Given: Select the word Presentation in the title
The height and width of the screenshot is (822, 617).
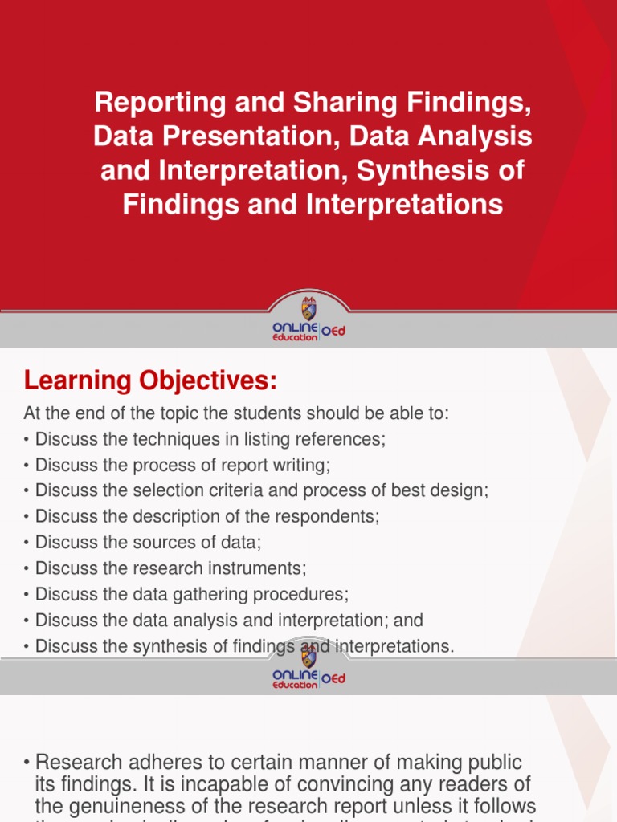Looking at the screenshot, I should click(247, 136).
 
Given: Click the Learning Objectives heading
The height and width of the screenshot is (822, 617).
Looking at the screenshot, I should click(150, 381).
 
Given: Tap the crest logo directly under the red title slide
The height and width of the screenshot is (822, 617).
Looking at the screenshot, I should click(308, 309).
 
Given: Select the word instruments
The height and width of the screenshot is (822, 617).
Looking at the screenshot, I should click(262, 568).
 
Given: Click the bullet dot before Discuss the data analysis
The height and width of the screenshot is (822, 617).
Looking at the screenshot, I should click(27, 621).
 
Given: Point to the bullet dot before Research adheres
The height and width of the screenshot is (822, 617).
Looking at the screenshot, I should click(28, 763).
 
